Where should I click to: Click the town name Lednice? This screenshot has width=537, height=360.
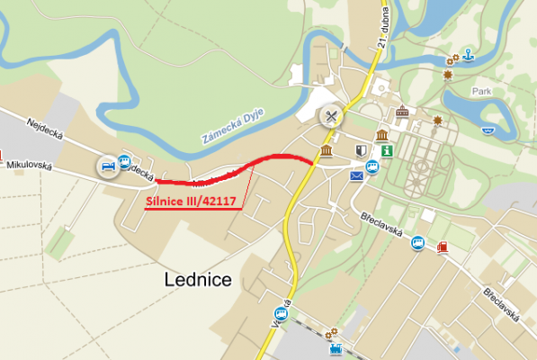click(x=198, y=279)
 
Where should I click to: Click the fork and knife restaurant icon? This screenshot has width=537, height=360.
click(x=332, y=115)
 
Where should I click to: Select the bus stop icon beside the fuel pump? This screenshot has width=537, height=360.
click(x=418, y=243)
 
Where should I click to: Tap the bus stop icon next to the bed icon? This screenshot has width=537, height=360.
click(x=124, y=160)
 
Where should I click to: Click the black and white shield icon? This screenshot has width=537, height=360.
click(x=361, y=151)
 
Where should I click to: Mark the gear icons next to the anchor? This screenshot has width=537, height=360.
click(x=452, y=59)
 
